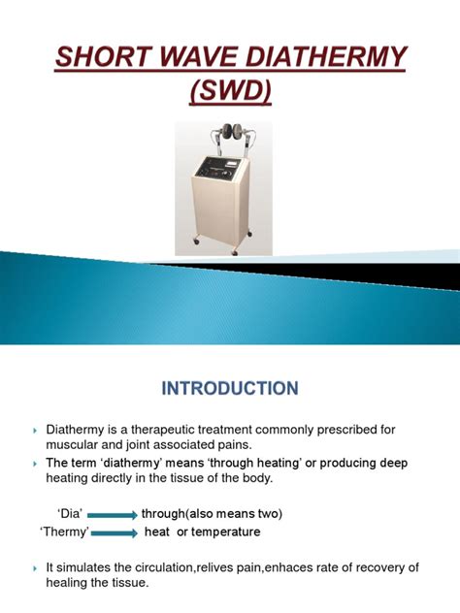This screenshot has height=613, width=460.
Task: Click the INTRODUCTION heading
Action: tap(230, 389)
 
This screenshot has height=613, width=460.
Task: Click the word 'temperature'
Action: tap(226, 532)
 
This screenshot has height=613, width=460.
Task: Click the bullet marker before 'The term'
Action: tap(34, 464)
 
